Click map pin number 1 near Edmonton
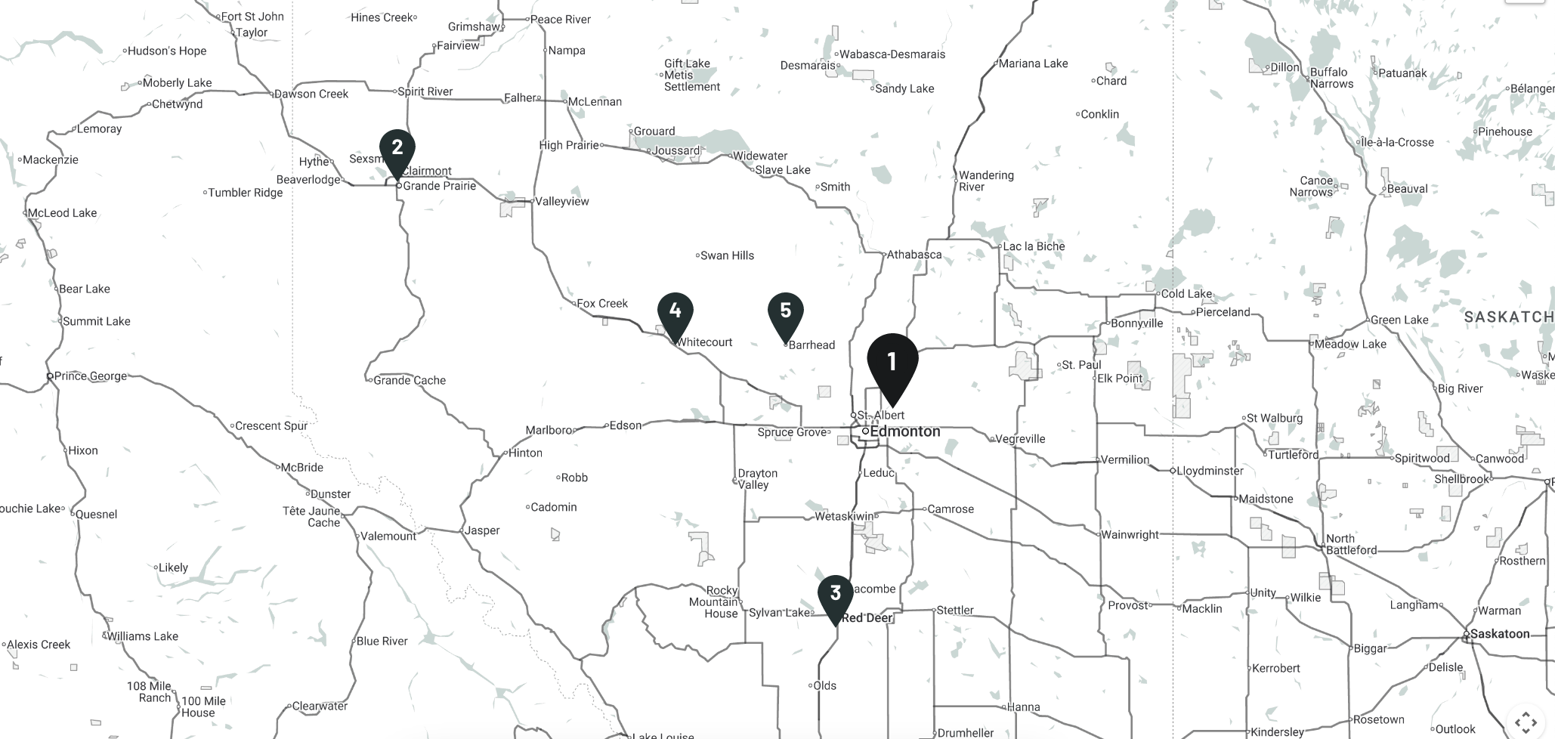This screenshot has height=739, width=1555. [x=892, y=364]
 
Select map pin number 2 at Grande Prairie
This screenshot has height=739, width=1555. [x=397, y=148]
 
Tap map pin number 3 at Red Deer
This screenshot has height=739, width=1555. [x=835, y=594]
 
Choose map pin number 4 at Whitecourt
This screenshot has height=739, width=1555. [x=675, y=311]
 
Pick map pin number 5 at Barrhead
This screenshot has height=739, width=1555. [x=785, y=311]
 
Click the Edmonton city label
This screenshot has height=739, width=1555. [x=904, y=431]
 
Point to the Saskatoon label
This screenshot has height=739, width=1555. [x=1499, y=634]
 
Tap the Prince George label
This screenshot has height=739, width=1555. [x=90, y=376]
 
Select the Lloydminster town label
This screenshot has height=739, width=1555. [x=1209, y=471]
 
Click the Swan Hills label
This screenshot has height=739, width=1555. [x=726, y=255]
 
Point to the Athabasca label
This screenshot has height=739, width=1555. [x=914, y=255]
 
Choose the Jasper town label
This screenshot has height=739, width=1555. [x=481, y=530]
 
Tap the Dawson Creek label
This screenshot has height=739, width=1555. [x=311, y=94]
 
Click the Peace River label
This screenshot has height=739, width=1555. [x=560, y=20]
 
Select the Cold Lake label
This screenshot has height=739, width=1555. [x=1186, y=294]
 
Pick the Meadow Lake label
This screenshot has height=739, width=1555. [x=1349, y=345]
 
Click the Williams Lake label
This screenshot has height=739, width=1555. [x=142, y=636]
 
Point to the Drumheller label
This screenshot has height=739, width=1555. [x=965, y=732]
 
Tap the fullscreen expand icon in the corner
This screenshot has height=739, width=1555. [x=1526, y=722]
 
